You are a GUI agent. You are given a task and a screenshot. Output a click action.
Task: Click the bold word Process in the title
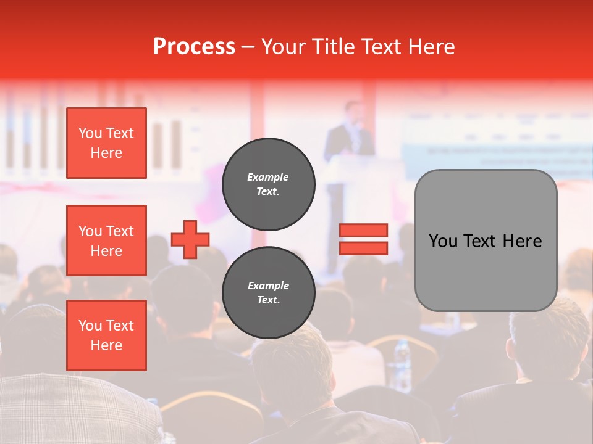coord(194,47)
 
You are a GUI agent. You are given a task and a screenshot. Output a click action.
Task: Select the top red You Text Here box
coord(106,143)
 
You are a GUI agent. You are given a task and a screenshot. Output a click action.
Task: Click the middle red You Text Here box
coord(106,240)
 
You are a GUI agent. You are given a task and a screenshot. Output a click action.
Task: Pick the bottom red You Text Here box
coord(106,335)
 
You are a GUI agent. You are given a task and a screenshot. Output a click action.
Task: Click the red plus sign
coord(190,239)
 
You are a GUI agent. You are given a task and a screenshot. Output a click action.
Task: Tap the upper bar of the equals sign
coord(363,230)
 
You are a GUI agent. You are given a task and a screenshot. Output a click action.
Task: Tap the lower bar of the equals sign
coord(363,248)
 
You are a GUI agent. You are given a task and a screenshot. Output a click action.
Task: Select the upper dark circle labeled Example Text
coord(268,184)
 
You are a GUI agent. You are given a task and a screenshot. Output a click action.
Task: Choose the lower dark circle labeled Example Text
coord(268,292)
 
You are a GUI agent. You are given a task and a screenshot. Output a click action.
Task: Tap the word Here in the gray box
coord(522,240)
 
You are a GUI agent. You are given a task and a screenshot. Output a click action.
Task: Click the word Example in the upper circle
coord(268,177)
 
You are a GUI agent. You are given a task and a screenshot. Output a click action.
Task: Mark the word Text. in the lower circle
coord(268,300)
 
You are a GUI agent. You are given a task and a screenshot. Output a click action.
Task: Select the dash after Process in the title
coord(248,47)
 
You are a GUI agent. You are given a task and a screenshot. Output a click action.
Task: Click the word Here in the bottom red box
coord(106,345)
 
